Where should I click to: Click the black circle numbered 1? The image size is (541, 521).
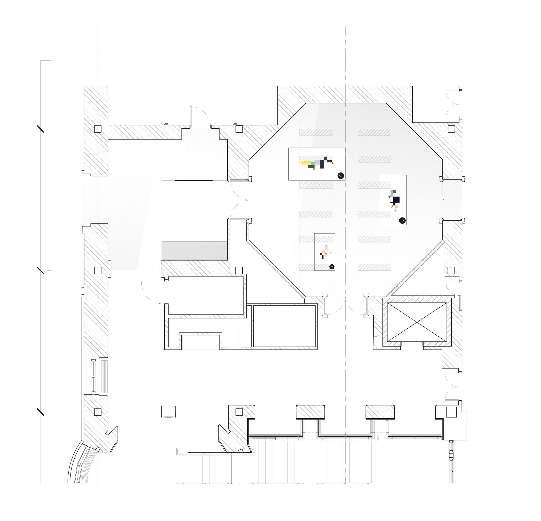click(332, 267)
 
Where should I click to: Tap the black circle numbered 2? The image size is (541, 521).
click(402, 221)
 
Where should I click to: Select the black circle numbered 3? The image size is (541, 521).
click(341, 176)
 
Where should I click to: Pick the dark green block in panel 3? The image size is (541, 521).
click(312, 166)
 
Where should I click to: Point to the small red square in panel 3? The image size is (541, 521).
click(333, 163)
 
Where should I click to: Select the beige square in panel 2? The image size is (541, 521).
click(397, 206)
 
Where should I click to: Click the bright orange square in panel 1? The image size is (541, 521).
click(326, 253)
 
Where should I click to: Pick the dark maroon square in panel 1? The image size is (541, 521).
click(320, 253)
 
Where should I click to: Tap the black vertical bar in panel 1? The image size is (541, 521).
click(322, 257)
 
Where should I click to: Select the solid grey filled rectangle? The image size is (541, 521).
click(194, 250)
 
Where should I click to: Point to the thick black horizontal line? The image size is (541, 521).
click(194, 181)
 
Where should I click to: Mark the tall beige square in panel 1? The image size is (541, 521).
click(323, 251)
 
